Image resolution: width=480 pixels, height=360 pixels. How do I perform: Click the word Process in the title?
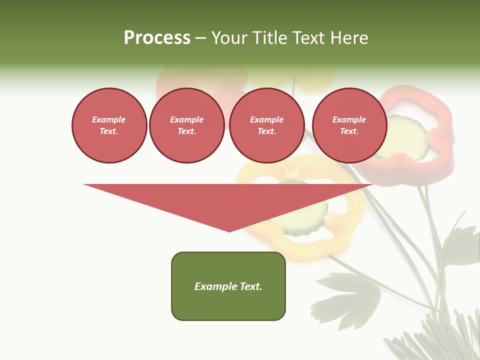(x=157, y=38)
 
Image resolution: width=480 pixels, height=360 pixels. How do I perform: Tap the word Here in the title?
(x=349, y=38)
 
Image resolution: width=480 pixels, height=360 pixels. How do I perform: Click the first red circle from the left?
(x=109, y=125)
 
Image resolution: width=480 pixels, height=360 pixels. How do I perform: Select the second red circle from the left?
(x=186, y=125)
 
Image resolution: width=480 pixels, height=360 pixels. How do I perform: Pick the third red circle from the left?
(x=266, y=125)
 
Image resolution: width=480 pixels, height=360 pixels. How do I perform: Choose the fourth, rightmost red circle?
(x=349, y=125)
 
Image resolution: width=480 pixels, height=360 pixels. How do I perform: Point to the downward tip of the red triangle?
(x=229, y=230)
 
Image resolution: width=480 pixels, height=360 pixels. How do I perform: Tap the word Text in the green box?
(x=250, y=286)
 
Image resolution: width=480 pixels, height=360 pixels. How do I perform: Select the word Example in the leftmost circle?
(x=109, y=119)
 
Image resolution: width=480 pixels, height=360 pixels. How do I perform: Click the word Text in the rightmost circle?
(x=349, y=131)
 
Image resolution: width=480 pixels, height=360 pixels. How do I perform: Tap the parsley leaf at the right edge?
(x=462, y=245)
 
